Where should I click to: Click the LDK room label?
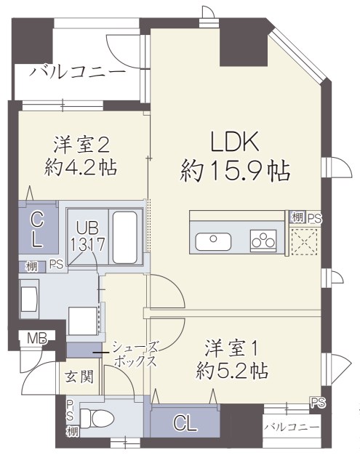click(235, 140)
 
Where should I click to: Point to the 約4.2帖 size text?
click(81, 167)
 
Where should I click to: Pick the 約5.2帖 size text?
click(232, 372)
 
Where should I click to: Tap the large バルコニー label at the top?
click(77, 73)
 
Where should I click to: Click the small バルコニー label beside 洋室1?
click(291, 427)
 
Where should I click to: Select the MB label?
click(36, 338)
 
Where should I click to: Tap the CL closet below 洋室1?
click(185, 423)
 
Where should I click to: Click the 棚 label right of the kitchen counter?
click(297, 217)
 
